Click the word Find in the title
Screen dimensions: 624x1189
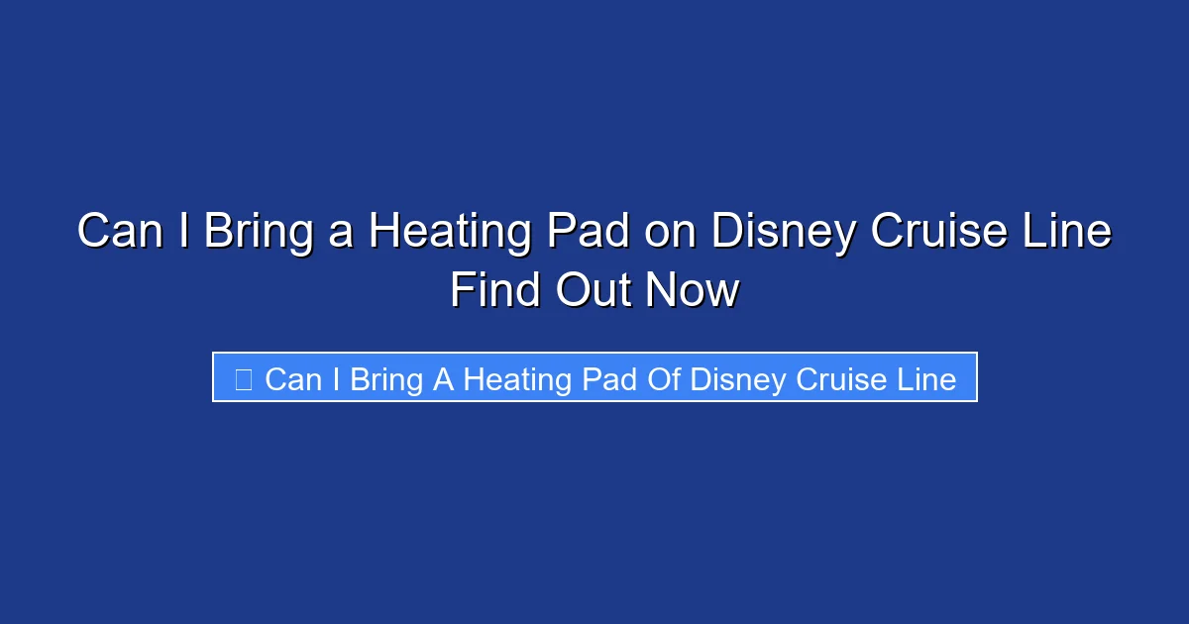pyautogui.click(x=495, y=291)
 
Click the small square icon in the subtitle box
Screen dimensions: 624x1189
pyautogui.click(x=244, y=378)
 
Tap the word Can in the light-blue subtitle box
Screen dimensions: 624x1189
pyautogui.click(x=292, y=378)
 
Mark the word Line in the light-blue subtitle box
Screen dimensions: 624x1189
pyautogui.click(x=925, y=378)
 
